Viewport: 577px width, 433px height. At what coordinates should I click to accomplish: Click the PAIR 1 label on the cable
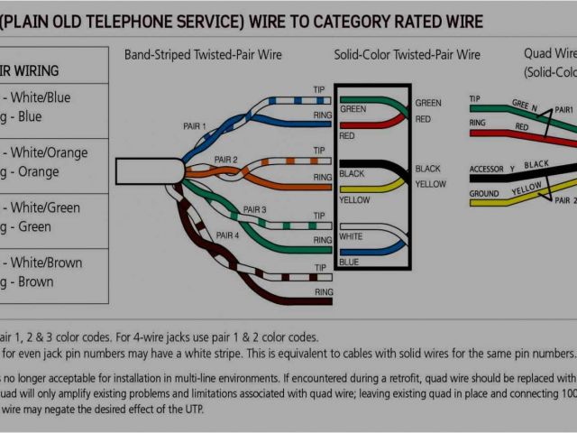(194, 126)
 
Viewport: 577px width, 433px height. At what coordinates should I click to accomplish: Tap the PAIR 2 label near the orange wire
(225, 160)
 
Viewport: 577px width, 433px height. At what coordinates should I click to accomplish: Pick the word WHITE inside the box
(352, 236)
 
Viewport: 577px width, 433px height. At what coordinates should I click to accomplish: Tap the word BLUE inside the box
(348, 262)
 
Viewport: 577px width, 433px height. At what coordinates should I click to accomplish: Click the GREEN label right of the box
(428, 103)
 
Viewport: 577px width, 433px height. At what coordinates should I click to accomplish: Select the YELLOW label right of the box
(430, 184)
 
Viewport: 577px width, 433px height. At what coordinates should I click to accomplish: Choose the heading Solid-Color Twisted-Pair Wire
(408, 54)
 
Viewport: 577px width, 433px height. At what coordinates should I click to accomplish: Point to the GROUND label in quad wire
(484, 194)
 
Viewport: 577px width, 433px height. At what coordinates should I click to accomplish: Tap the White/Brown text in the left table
(49, 263)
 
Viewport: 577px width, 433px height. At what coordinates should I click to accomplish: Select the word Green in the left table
(37, 226)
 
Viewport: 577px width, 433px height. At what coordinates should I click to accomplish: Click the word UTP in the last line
(193, 409)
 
